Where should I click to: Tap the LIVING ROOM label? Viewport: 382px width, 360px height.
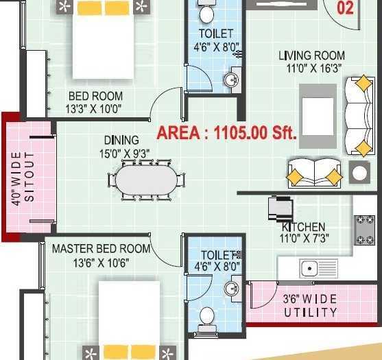coord(311,56)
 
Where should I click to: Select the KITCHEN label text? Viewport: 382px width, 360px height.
coord(303,227)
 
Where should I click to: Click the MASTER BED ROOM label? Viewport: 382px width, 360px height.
coord(101,249)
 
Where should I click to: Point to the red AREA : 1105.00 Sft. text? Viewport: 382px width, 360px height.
coord(226,133)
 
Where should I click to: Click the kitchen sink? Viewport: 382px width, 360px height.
coord(309,268)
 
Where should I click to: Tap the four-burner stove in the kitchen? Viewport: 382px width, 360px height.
coord(364,230)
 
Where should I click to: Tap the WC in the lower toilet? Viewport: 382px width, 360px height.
coord(206,317)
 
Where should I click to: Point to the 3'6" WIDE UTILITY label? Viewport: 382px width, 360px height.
coord(311,306)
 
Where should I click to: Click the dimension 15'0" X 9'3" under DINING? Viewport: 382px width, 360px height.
coord(122,153)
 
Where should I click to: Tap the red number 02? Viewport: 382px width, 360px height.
coord(345,8)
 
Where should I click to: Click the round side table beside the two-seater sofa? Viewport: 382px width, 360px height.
coord(359,173)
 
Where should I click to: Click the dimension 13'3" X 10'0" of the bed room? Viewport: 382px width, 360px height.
coord(95,109)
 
